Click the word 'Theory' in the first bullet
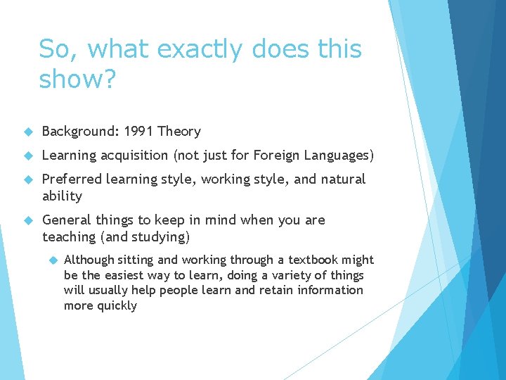tap(179, 132)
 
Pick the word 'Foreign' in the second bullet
tap(275, 155)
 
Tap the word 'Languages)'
tap(338, 155)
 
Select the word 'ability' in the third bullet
tap(62, 196)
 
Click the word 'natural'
tap(342, 179)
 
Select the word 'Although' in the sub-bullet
tap(91, 260)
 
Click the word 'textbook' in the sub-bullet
tap(313, 260)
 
